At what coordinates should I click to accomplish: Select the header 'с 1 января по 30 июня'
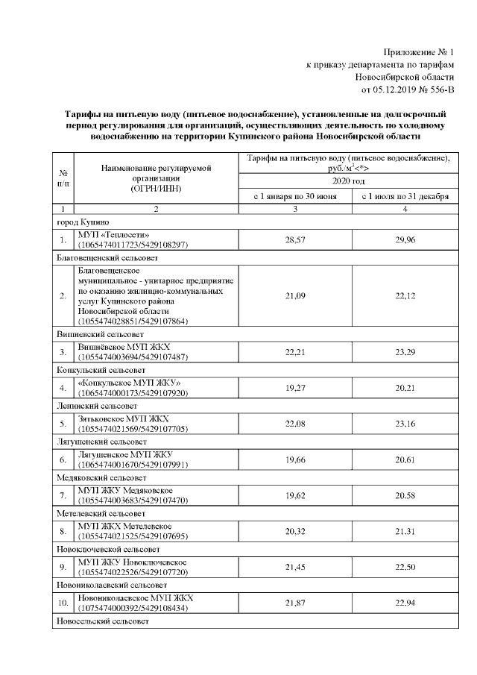tap(293, 197)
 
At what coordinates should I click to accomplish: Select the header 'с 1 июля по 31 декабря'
tap(405, 197)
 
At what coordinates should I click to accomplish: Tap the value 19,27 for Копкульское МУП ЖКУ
tap(293, 387)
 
